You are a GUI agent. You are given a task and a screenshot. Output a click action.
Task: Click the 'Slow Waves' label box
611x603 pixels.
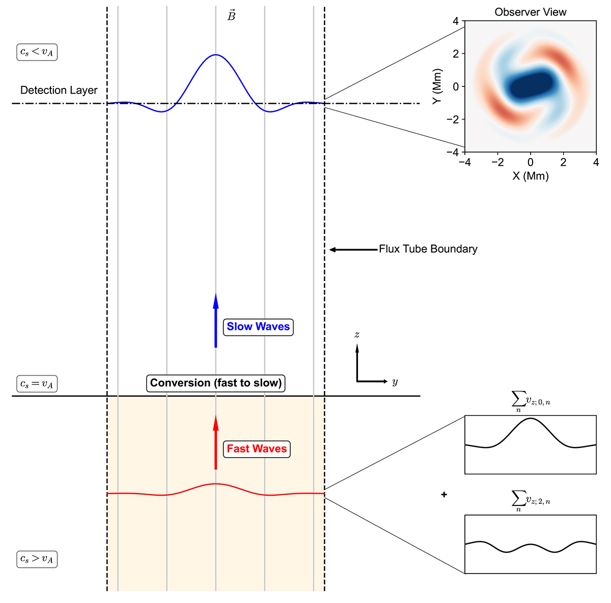[x=258, y=326]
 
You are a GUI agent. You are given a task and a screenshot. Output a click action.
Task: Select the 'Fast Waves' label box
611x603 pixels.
[x=257, y=448]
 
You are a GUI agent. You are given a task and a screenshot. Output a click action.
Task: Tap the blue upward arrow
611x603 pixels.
[x=216, y=320]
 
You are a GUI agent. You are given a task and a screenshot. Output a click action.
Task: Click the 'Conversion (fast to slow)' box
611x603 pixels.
[x=216, y=383]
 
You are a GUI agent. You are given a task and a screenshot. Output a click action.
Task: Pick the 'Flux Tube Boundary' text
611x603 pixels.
[x=428, y=249]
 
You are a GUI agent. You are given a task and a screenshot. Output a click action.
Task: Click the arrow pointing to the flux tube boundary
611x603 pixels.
[x=353, y=250]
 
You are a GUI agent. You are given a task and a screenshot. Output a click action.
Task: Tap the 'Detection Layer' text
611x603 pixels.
[x=59, y=91]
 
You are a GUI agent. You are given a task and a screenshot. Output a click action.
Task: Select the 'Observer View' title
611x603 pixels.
[x=530, y=12]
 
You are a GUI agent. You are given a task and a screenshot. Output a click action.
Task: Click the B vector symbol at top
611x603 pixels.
[x=231, y=16]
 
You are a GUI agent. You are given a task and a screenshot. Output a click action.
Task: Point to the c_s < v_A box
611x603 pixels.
[x=37, y=52]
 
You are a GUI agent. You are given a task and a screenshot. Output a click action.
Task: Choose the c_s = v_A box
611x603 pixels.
[x=37, y=384]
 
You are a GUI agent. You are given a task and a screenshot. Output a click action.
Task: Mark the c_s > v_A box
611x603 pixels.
[x=37, y=559]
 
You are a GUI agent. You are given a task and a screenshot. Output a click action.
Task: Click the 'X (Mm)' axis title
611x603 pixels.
[x=530, y=176]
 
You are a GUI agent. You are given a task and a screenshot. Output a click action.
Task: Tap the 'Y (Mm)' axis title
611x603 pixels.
[x=436, y=86]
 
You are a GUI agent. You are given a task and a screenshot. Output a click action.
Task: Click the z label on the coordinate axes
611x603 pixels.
[x=357, y=335]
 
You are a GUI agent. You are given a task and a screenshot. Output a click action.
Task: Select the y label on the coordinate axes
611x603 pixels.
[x=395, y=382]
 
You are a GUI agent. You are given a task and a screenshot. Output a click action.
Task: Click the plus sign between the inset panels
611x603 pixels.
[x=444, y=494]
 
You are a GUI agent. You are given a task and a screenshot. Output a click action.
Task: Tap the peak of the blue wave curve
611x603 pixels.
[x=216, y=54]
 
